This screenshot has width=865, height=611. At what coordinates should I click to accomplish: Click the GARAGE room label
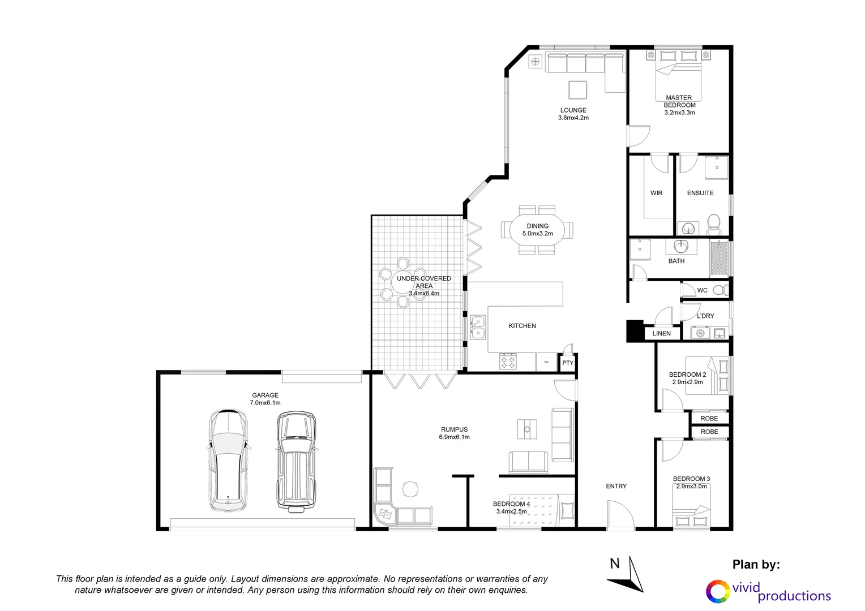[x=265, y=395]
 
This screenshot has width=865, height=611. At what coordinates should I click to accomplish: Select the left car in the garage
[x=228, y=461]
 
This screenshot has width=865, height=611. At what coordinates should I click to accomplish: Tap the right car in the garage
[x=296, y=461]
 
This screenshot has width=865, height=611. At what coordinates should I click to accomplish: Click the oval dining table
[x=537, y=230]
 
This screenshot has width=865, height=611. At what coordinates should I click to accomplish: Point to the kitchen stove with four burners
[x=508, y=362]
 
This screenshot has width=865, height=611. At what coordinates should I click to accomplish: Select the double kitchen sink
[x=478, y=327]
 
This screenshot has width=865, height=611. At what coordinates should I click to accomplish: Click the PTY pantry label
[x=568, y=363]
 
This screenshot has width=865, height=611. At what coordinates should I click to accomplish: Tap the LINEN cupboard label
[x=661, y=333]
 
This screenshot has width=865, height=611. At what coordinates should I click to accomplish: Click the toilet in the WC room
[x=720, y=290]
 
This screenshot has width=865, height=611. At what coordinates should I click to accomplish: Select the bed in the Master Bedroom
[x=678, y=76]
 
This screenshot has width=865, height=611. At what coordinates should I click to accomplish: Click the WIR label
[x=656, y=193]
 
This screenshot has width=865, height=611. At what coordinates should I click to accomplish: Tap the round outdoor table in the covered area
[x=402, y=282]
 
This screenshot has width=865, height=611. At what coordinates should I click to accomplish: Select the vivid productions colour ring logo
[x=718, y=592]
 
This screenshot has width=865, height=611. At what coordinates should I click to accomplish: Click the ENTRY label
[x=616, y=486]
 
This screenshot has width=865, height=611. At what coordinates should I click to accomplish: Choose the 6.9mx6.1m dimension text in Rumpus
[x=454, y=437]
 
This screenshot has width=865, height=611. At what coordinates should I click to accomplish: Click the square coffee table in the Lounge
[x=577, y=90]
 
